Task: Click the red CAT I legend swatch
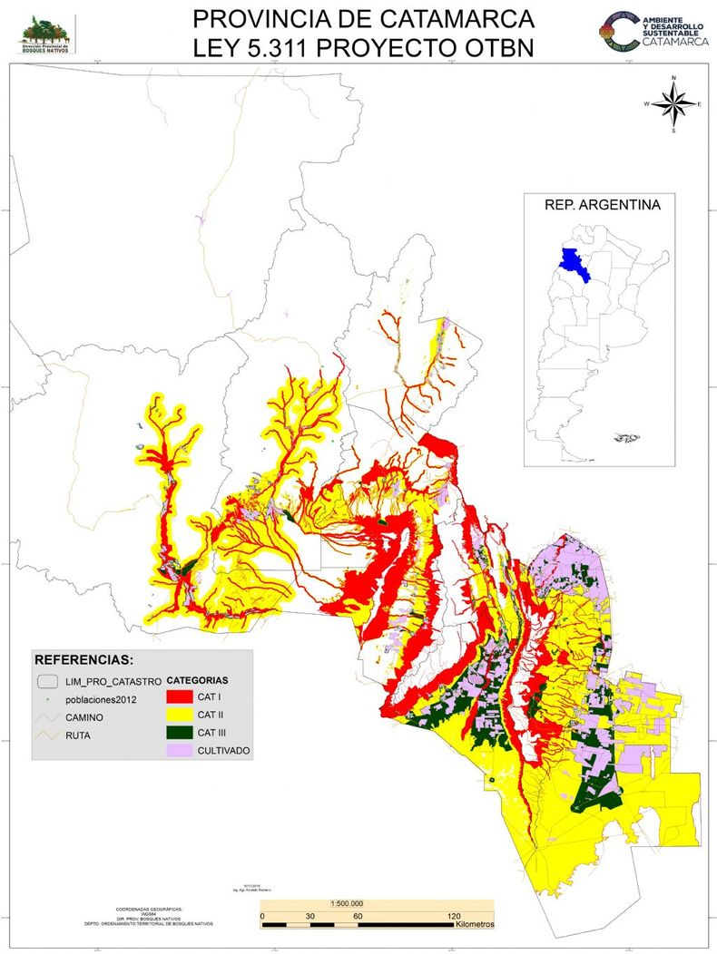coord(179,697)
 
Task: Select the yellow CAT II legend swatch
coord(179,715)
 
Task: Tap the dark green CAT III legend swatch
coord(179,733)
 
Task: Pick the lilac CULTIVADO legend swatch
coord(179,751)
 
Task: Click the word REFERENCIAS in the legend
coord(83,658)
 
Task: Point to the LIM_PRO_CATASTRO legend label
coord(113,679)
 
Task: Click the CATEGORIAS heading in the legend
coord(198,679)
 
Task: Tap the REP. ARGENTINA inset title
coord(602,205)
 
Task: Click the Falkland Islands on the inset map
coord(624,438)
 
